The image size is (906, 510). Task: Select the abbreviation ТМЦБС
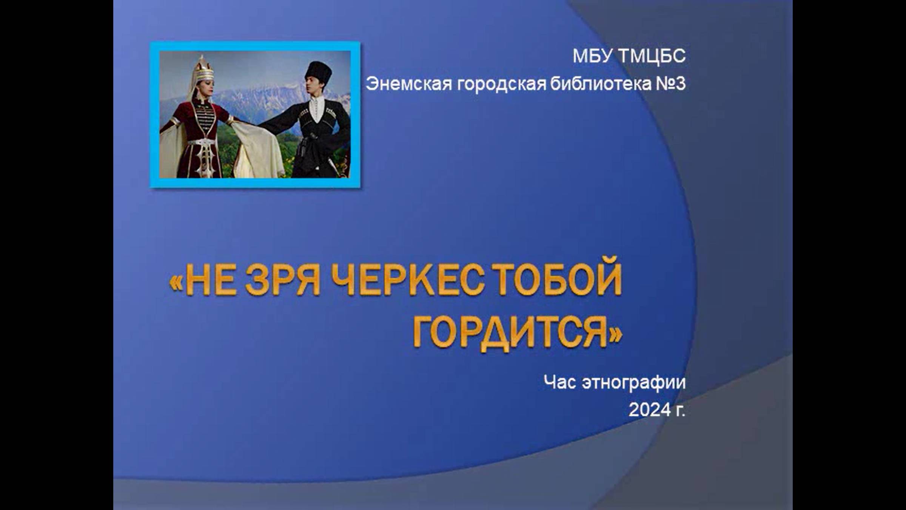pyautogui.click(x=652, y=56)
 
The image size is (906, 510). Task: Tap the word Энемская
pyautogui.click(x=409, y=84)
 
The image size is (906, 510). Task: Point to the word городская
pyautogui.click(x=502, y=84)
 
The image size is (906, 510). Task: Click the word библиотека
pyautogui.click(x=601, y=83)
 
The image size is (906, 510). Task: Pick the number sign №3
pyautogui.click(x=670, y=83)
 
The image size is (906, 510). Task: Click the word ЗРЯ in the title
pyautogui.click(x=283, y=280)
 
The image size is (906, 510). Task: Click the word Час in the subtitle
pyautogui.click(x=560, y=382)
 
